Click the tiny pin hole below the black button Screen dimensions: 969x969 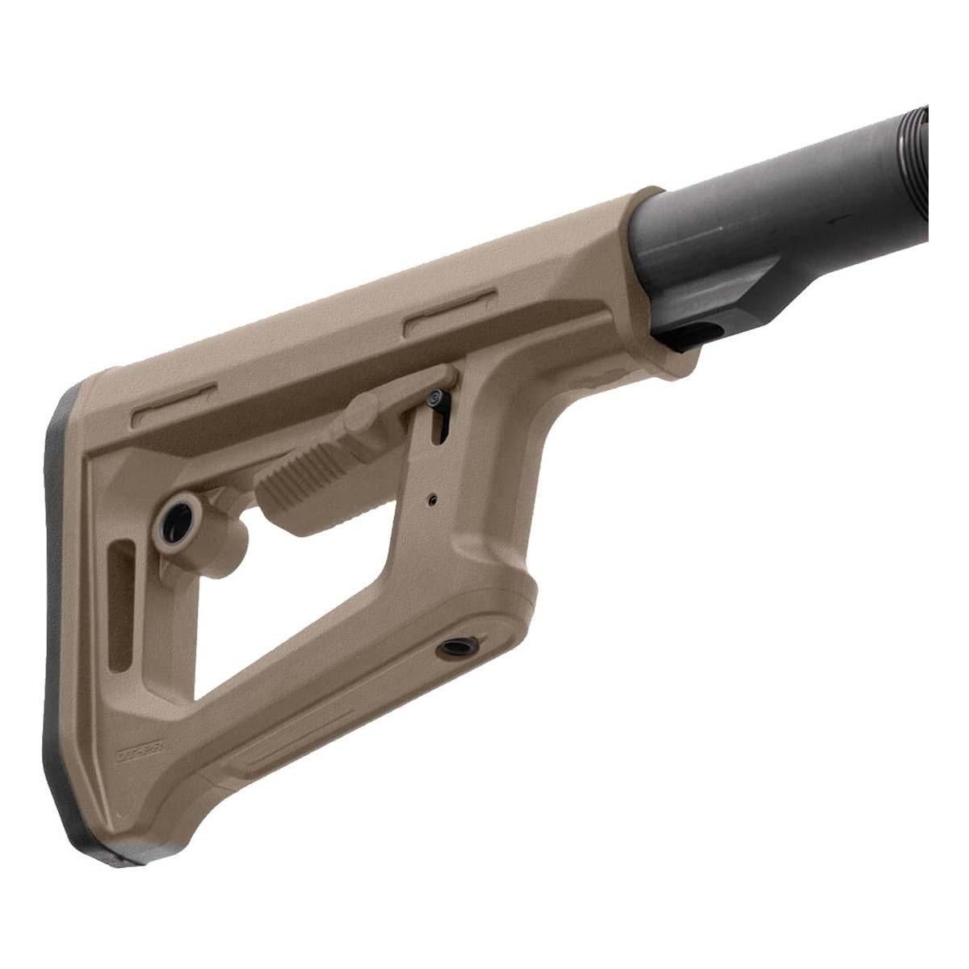coord(434,500)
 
